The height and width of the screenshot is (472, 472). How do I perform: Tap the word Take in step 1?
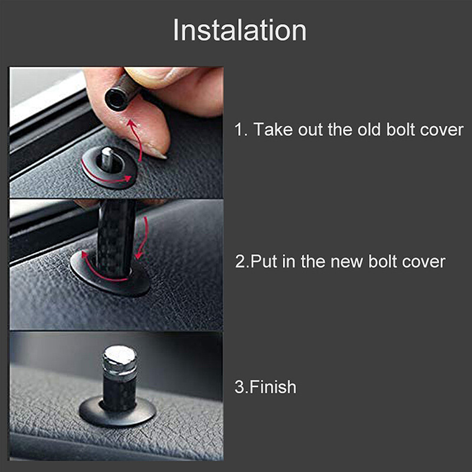(275, 130)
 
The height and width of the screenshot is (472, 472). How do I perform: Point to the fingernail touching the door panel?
(154, 150)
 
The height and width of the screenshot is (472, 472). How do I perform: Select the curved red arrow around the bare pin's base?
(106, 177)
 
